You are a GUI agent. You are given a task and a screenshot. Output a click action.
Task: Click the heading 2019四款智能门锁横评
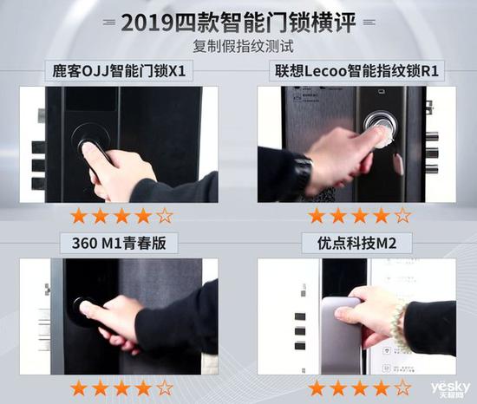[238, 22]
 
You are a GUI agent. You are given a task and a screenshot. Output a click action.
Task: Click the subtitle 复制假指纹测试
[244, 47]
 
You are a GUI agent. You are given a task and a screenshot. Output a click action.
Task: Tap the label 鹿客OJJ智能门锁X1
[119, 71]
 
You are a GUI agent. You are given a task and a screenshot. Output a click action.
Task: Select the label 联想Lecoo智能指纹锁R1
[356, 71]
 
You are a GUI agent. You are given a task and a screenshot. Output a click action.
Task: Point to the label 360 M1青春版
[119, 243]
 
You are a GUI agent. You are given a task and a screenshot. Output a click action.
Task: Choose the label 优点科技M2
[356, 244]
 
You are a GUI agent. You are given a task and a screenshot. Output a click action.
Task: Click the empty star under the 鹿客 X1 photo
[165, 216]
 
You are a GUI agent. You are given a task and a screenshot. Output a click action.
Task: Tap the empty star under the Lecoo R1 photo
[402, 216]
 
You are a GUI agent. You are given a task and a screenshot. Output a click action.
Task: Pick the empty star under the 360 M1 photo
[165, 388]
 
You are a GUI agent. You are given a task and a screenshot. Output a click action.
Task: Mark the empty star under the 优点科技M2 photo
[402, 388]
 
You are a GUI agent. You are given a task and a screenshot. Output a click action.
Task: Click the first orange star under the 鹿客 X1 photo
[79, 216]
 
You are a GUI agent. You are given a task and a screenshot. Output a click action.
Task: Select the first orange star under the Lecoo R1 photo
[317, 216]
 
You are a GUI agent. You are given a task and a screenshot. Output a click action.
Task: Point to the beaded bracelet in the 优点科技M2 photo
[400, 326]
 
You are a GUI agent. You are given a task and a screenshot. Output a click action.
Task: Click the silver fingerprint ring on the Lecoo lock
[381, 124]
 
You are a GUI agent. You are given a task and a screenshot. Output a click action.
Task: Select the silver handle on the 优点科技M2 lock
[342, 335]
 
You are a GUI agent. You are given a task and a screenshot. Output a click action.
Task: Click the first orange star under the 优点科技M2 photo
[317, 388]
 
